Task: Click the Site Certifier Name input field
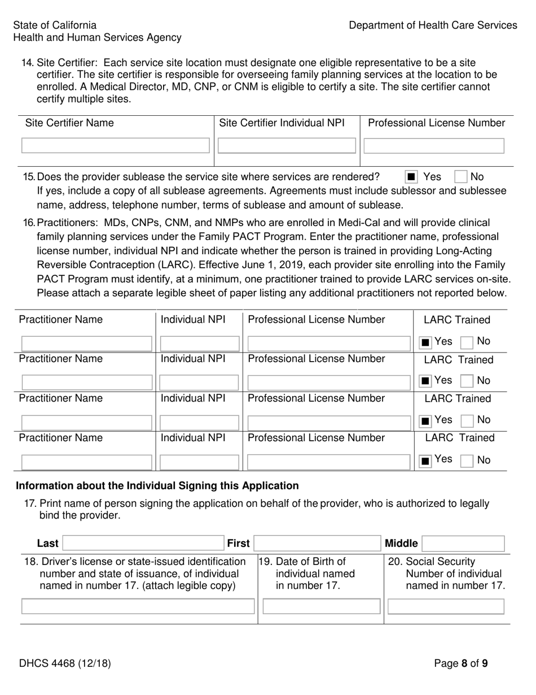(x=115, y=146)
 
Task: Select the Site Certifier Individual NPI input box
(x=287, y=146)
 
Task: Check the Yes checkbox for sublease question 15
(x=411, y=177)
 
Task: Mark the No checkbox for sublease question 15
(x=461, y=177)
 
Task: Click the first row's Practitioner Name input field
(x=86, y=343)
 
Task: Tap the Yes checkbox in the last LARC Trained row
(x=426, y=461)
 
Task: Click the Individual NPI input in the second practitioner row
(x=200, y=382)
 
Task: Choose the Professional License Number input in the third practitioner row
(x=328, y=422)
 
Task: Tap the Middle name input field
(x=463, y=544)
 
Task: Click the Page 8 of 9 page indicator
(x=461, y=663)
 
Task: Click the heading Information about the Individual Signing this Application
(x=157, y=485)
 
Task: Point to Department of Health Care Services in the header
(x=433, y=25)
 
